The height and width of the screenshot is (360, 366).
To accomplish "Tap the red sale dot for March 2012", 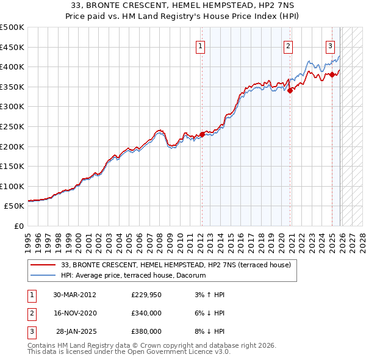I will point(202,135).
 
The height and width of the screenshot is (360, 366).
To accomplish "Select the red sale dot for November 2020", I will point(290,91).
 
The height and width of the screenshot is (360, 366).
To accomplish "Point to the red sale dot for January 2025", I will point(332,75).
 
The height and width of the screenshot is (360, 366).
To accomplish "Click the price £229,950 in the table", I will point(146,295).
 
